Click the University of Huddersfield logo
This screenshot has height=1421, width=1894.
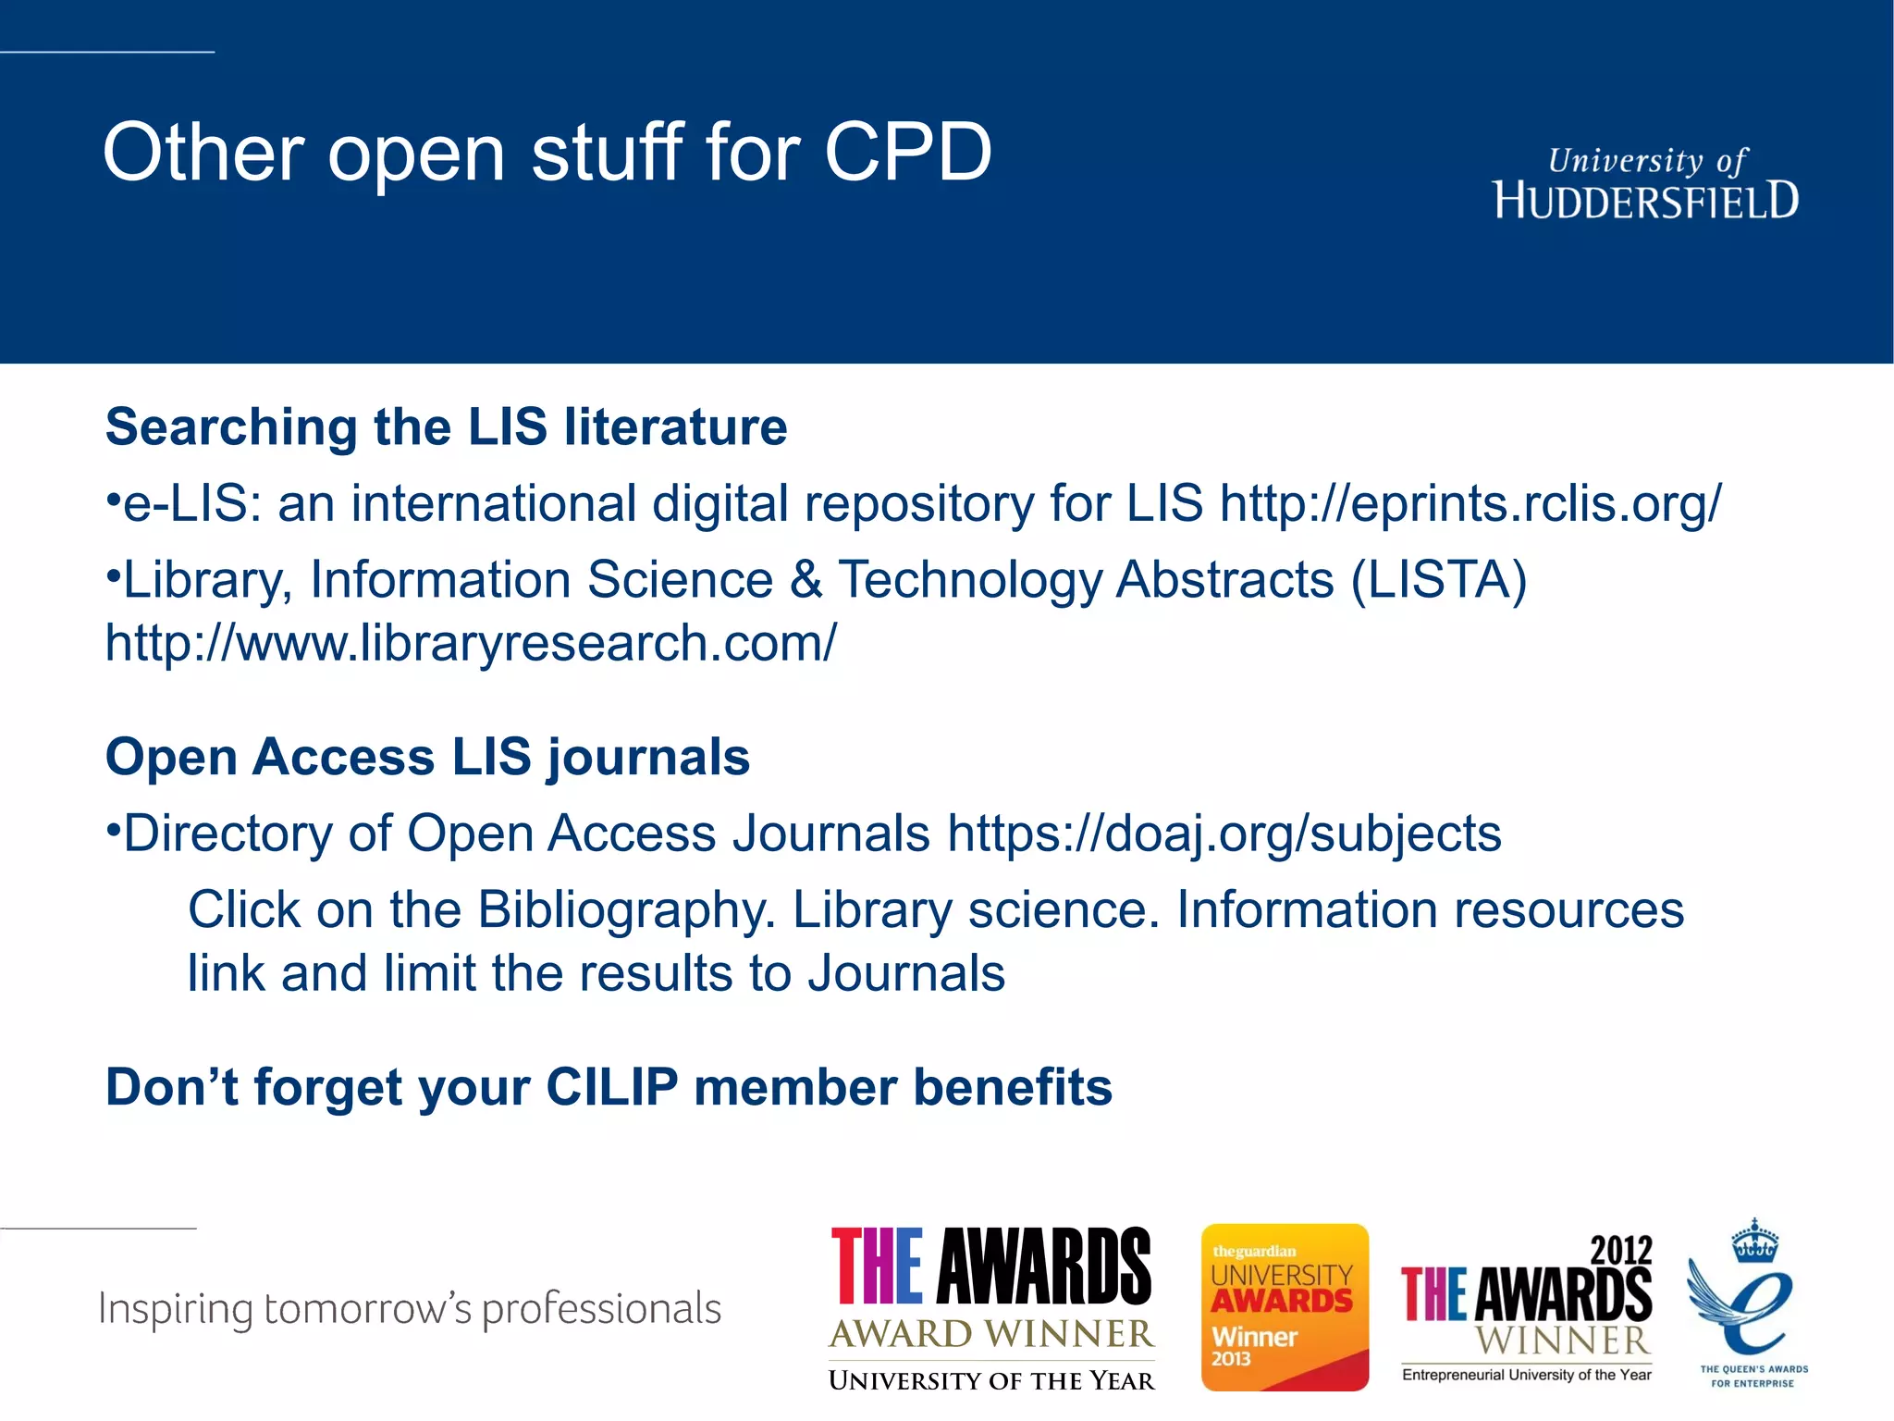click(1645, 184)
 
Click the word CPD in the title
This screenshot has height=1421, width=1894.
click(907, 153)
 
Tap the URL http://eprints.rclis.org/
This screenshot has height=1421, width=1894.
click(1470, 504)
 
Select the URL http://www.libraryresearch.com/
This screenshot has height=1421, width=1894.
click(471, 643)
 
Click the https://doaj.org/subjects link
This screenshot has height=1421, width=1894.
click(1224, 834)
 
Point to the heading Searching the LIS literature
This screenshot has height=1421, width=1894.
click(446, 427)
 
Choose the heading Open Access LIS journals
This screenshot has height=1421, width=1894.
click(427, 757)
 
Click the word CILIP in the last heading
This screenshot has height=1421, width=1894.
click(612, 1087)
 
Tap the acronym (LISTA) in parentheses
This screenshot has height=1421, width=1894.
click(1439, 580)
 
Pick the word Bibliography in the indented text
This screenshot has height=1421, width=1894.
click(626, 909)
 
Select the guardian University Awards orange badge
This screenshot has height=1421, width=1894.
click(1285, 1306)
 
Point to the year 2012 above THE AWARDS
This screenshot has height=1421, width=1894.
click(1620, 1251)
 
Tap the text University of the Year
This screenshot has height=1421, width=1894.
click(991, 1380)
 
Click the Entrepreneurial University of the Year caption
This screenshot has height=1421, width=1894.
click(1526, 1375)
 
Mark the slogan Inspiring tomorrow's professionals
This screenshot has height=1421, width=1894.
click(409, 1309)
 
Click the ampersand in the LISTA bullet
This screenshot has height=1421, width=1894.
click(806, 580)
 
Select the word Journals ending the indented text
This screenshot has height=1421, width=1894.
click(905, 973)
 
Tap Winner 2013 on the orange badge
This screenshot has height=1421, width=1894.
click(1254, 1346)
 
